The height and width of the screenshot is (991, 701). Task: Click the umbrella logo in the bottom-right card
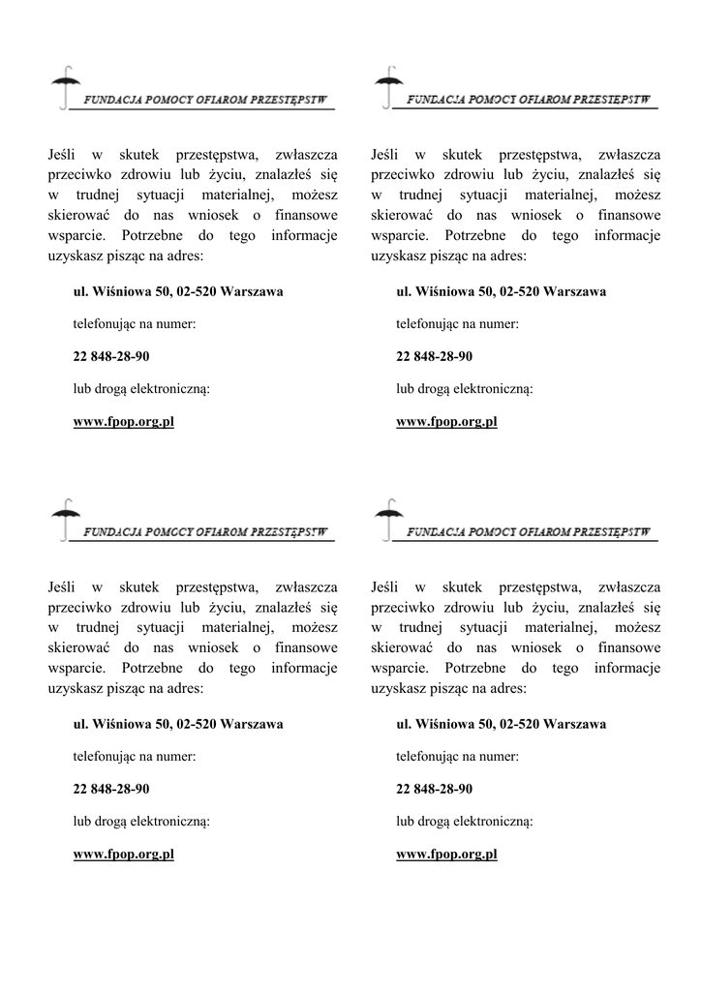click(387, 519)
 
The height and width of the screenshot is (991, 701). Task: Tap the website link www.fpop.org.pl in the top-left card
click(124, 422)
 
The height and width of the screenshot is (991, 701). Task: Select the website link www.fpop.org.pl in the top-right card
click(446, 422)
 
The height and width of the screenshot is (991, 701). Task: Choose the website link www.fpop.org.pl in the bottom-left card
click(124, 855)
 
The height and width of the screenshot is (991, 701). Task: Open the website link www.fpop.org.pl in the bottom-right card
click(446, 855)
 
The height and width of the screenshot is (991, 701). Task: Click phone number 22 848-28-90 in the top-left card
click(111, 356)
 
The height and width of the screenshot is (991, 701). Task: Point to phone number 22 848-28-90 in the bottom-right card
click(435, 789)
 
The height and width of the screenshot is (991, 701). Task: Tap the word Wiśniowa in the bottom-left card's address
click(120, 724)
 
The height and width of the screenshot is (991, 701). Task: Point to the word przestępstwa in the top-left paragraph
click(215, 154)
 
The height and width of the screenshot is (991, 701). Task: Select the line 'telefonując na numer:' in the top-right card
click(457, 324)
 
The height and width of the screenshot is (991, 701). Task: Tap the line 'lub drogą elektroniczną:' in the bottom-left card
click(141, 822)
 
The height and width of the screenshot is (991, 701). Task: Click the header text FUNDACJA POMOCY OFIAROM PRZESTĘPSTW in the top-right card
click(528, 100)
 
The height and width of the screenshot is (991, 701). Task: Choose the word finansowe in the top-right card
click(627, 215)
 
